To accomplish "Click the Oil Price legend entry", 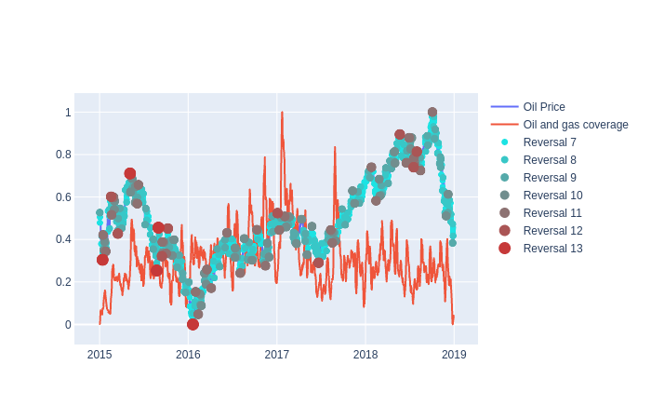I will (x=544, y=107).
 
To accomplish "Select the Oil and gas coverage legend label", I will (x=576, y=125).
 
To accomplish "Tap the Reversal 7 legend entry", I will (x=550, y=142).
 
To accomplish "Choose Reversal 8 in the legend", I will (x=550, y=160).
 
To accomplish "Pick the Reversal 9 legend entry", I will (x=550, y=178).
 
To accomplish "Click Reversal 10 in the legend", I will (x=552, y=196).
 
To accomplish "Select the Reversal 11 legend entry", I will (x=552, y=213).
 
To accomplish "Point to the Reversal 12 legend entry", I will (x=552, y=231).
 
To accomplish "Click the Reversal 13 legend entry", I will (x=552, y=249).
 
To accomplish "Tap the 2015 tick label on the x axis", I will (x=100, y=355).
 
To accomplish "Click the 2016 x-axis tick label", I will (x=188, y=355).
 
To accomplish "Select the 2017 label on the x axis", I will (x=276, y=355).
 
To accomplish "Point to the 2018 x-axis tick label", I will (x=365, y=355).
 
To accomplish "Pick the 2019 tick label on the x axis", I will (x=454, y=355).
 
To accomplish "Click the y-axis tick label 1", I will (x=68, y=113).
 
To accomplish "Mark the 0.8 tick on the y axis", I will (x=63, y=155).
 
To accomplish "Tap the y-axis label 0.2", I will (x=63, y=282).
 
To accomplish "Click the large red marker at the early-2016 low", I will (x=193, y=324).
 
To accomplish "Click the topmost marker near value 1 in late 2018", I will (x=432, y=112).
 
